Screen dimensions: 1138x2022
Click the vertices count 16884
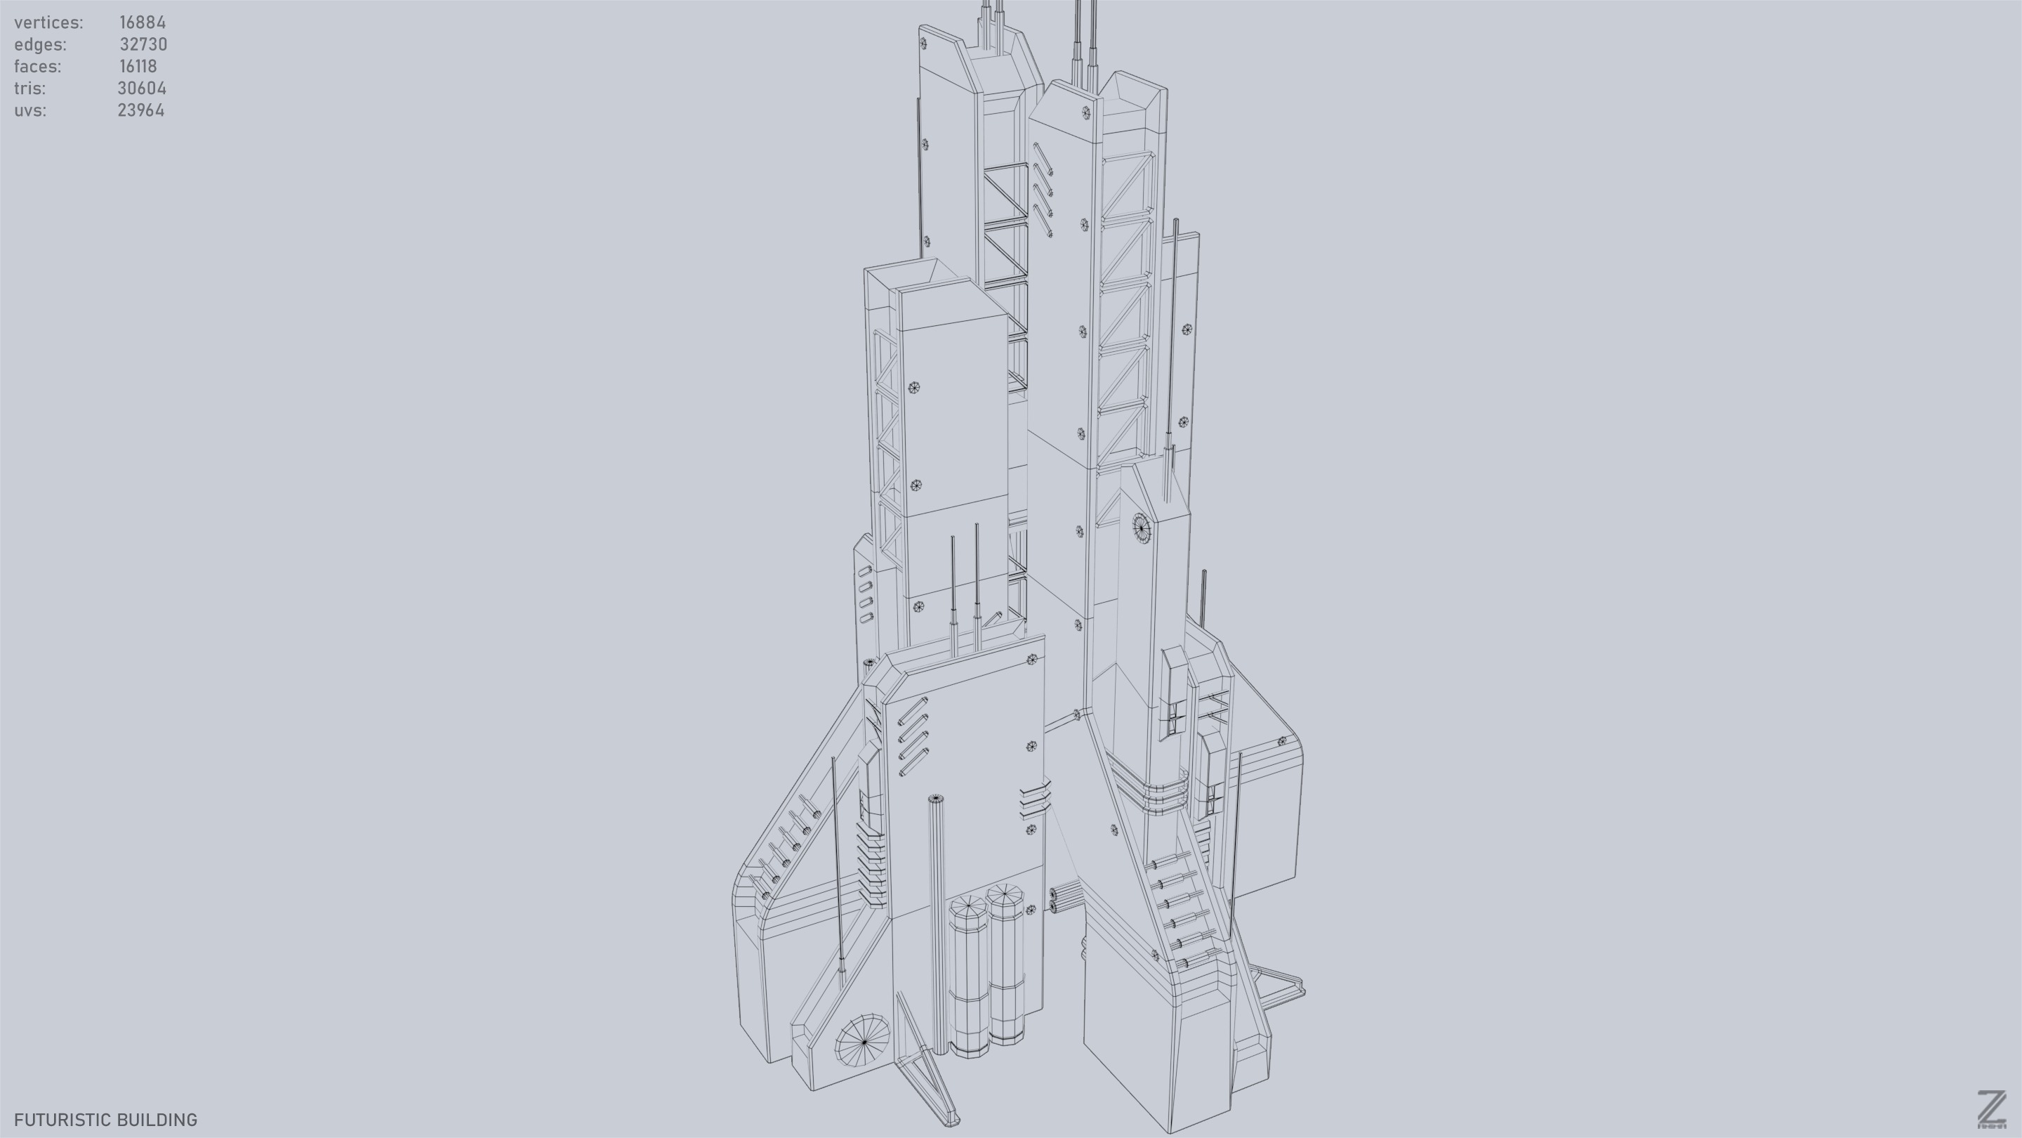click(x=142, y=22)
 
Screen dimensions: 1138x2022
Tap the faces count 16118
click(x=138, y=66)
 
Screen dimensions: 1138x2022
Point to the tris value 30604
click(x=141, y=88)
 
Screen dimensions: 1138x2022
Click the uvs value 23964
click(x=140, y=110)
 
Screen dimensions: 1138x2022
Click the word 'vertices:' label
click(x=48, y=22)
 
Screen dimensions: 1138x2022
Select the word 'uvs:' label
click(x=29, y=110)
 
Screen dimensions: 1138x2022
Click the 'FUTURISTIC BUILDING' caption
click(x=105, y=1119)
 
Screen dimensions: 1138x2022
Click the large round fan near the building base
click(x=863, y=1040)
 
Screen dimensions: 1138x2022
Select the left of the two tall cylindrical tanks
click(x=969, y=978)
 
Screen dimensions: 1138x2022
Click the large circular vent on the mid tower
click(x=1140, y=527)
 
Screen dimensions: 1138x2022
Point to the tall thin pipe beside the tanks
click(x=937, y=919)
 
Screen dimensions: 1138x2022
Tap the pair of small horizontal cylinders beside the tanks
click(x=1064, y=899)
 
